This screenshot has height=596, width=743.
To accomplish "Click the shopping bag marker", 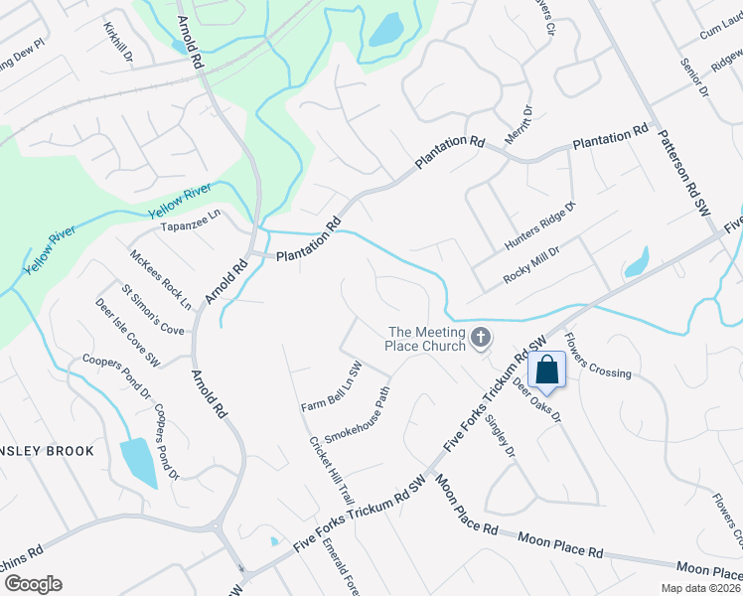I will coord(547,372).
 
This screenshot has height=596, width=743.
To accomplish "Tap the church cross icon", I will coord(481,339).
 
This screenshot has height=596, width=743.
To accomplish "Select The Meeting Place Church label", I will coord(426,339).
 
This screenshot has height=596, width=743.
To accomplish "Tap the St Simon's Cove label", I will coord(152,310).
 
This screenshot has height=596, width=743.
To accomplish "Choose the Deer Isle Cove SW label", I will coord(127,333).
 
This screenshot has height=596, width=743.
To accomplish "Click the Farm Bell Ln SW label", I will coord(331,387).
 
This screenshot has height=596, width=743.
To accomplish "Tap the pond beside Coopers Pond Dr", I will coord(138,462).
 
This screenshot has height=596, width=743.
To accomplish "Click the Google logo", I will coord(33,584).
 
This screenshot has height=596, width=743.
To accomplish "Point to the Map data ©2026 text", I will coord(699,588).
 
